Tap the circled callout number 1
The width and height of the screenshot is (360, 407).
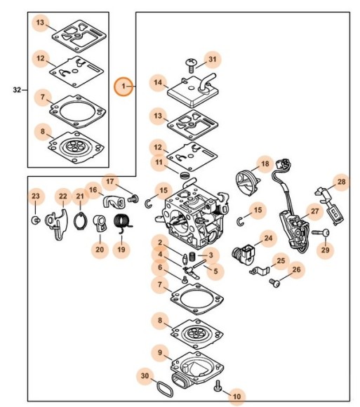coord(124,86)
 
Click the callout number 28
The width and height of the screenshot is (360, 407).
coord(341,182)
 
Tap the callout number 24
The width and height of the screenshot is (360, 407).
coord(267,239)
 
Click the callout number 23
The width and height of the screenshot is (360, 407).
coord(36,194)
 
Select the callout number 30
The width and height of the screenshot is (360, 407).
coord(145,377)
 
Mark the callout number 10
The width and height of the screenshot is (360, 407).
coord(236,396)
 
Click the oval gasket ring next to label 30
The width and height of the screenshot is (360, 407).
coord(166,386)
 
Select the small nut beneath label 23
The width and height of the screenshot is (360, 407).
coord(35,221)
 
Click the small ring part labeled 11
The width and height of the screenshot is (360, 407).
coord(184,174)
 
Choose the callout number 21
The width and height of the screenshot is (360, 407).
coord(80,196)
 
